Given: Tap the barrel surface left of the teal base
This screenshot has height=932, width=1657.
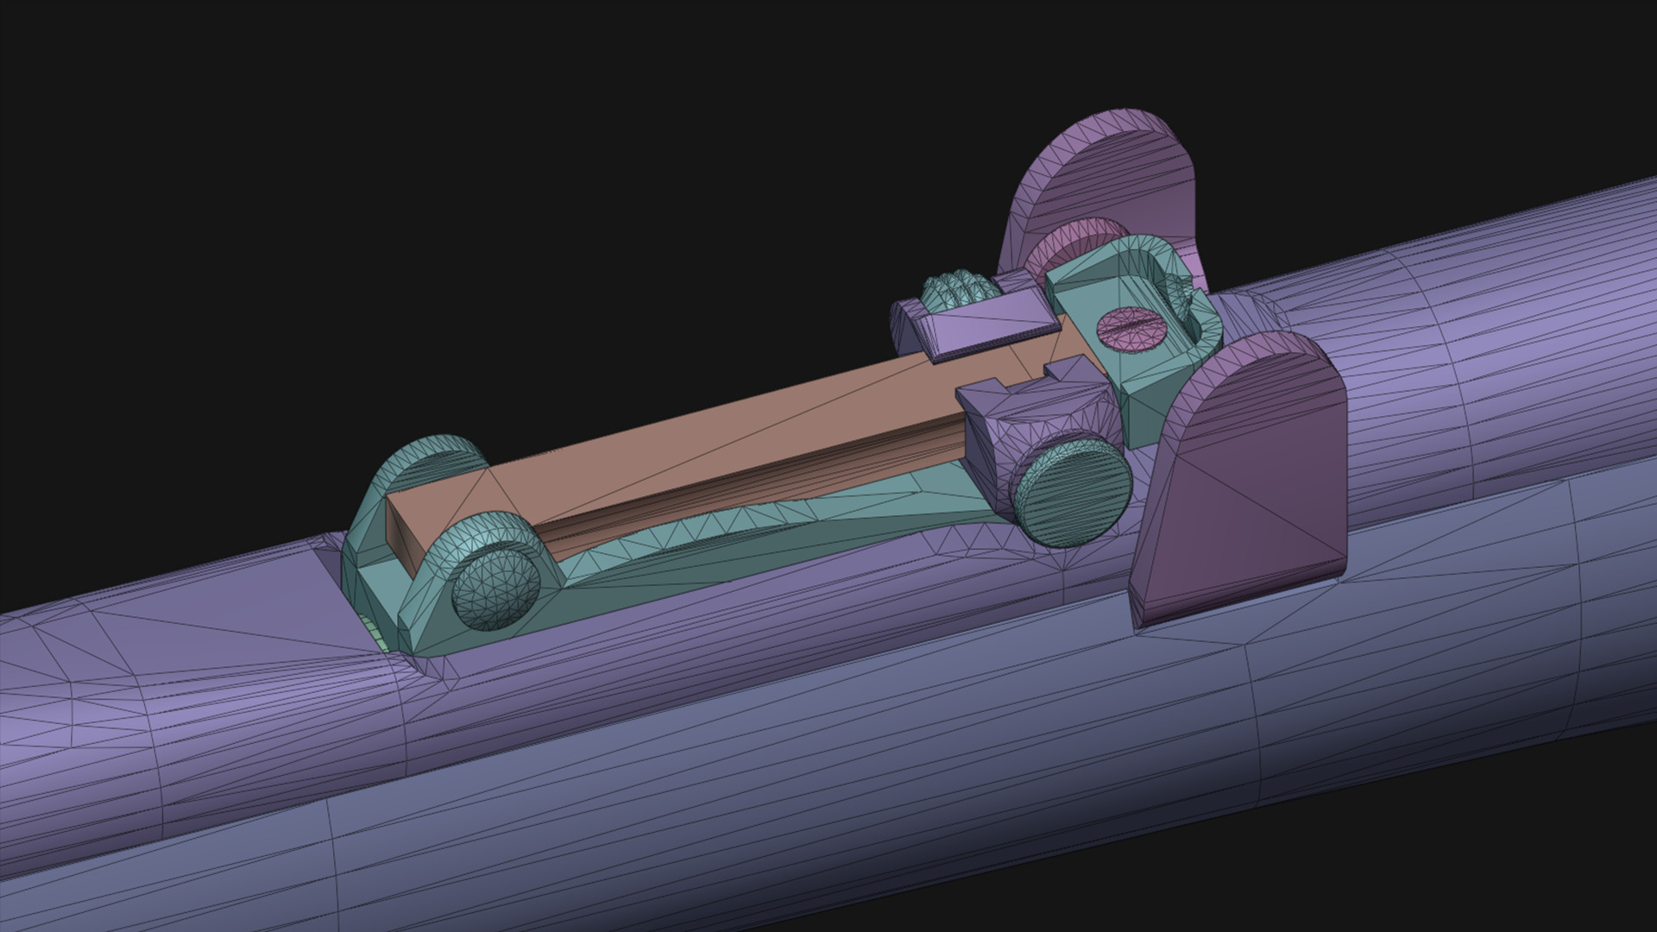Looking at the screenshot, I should (x=173, y=673).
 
